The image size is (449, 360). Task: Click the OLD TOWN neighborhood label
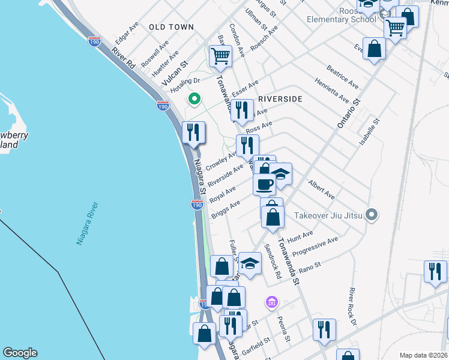tap(172, 27)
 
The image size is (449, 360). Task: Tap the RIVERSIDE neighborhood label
tap(279, 98)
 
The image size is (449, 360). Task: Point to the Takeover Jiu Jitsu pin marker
tap(372, 215)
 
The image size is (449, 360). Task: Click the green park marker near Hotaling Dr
tap(194, 98)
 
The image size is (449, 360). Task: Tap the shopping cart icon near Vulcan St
tap(220, 56)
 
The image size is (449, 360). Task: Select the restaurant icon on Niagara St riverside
tap(193, 132)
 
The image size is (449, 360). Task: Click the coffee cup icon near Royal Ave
tap(263, 184)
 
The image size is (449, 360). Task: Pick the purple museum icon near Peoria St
tap(271, 301)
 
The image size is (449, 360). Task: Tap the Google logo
tap(20, 353)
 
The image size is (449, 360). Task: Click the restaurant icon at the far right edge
tap(435, 271)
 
